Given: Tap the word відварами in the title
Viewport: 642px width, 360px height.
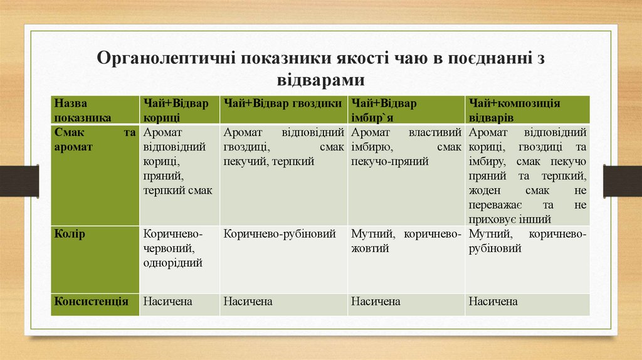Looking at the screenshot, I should pos(320,80).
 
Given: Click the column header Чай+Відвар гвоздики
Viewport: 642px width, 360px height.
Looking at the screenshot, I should pos(282,103).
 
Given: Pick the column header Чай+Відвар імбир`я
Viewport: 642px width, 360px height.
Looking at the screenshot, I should pos(383,110).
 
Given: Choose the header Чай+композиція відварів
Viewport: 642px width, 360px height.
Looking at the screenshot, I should pos(514,110).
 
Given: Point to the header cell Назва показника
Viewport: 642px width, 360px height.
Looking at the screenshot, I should pos(82,110).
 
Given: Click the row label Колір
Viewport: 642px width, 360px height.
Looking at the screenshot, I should pos(70,234).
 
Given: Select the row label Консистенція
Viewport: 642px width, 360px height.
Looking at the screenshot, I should pos(92,302).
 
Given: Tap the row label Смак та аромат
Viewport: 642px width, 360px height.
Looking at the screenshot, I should pos(94,140).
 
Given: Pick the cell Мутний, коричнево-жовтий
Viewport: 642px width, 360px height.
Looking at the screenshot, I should pos(406,241).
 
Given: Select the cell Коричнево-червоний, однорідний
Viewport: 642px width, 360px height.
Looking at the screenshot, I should pos(173,248).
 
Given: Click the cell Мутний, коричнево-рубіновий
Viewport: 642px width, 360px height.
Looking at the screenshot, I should pos(527,241).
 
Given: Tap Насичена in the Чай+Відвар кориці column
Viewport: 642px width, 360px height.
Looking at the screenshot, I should pos(168,302).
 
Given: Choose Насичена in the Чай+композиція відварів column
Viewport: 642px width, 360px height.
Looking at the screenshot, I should pos(493,302).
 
